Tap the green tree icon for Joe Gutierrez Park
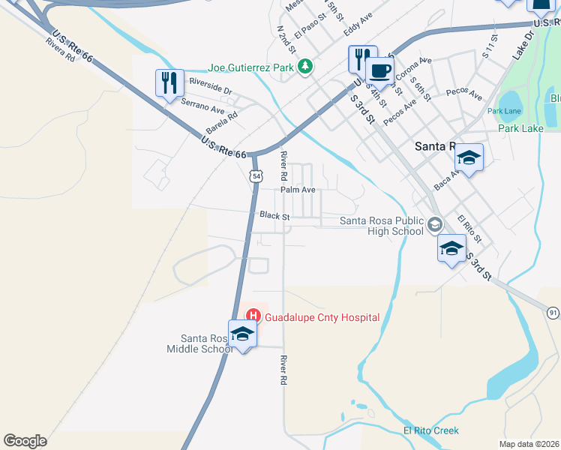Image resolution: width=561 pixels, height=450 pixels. coord(304,67)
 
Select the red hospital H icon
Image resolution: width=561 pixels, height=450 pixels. coord(253,316)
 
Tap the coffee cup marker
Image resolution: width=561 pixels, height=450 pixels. coord(380,72)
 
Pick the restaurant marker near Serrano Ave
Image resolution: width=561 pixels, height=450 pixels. coord(169,83)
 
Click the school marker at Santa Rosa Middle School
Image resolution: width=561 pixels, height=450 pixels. coord(243,334)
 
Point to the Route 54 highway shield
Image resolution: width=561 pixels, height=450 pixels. coord(256,175)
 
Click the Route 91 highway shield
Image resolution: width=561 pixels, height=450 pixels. coord(553,312)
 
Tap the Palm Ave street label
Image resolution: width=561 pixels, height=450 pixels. coord(298,190)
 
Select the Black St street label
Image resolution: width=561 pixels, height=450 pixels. coord(274,216)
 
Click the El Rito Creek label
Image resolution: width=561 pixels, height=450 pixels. coord(430,430)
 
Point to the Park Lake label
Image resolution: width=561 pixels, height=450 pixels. coord(520,128)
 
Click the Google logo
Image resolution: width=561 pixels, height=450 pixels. coord(25,441)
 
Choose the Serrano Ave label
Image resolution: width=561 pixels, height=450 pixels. coord(202,107)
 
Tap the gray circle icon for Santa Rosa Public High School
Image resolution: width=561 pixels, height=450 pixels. coord(434,225)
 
